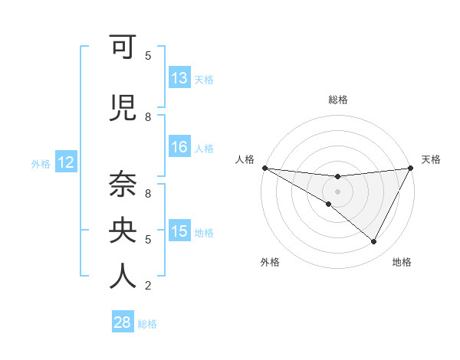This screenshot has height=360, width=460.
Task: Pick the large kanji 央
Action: [123, 230]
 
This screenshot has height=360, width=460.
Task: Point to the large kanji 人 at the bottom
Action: [123, 276]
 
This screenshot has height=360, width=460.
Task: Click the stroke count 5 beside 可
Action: [148, 55]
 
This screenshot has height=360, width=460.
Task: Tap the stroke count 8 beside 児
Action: [148, 116]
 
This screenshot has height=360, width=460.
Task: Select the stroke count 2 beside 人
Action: [148, 286]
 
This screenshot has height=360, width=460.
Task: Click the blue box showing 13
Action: [179, 78]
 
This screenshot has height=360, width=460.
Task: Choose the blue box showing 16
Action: [179, 147]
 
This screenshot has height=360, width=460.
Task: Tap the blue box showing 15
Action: [179, 231]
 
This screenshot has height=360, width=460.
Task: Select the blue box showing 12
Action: [66, 162]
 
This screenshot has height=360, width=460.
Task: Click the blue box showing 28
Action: [123, 322]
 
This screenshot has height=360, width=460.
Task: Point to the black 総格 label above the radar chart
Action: [338, 100]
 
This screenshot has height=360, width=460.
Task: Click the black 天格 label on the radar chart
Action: [432, 159]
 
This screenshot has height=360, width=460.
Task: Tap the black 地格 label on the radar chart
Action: [402, 263]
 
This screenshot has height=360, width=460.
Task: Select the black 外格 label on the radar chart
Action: [270, 263]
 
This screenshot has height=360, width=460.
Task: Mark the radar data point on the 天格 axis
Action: [411, 168]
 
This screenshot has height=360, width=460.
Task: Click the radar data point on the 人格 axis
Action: [264, 168]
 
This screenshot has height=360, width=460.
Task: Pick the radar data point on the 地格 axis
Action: [374, 241]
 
